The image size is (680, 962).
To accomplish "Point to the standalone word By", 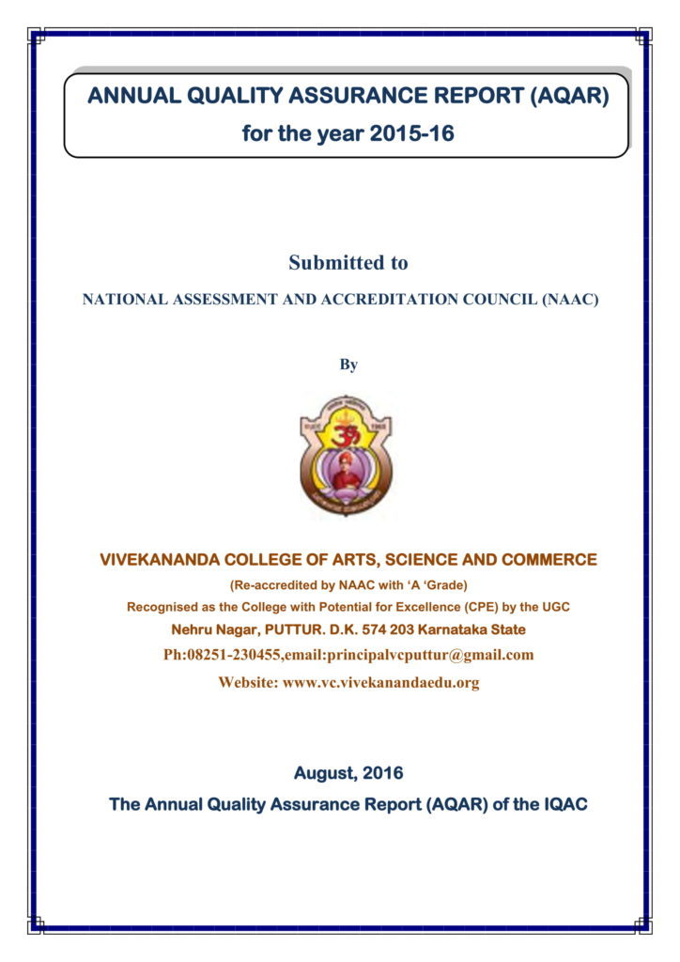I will (348, 365).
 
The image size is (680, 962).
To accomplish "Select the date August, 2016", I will (348, 774).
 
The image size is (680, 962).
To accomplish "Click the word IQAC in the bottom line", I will (563, 804).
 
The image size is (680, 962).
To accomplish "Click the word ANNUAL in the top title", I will (127, 96).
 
